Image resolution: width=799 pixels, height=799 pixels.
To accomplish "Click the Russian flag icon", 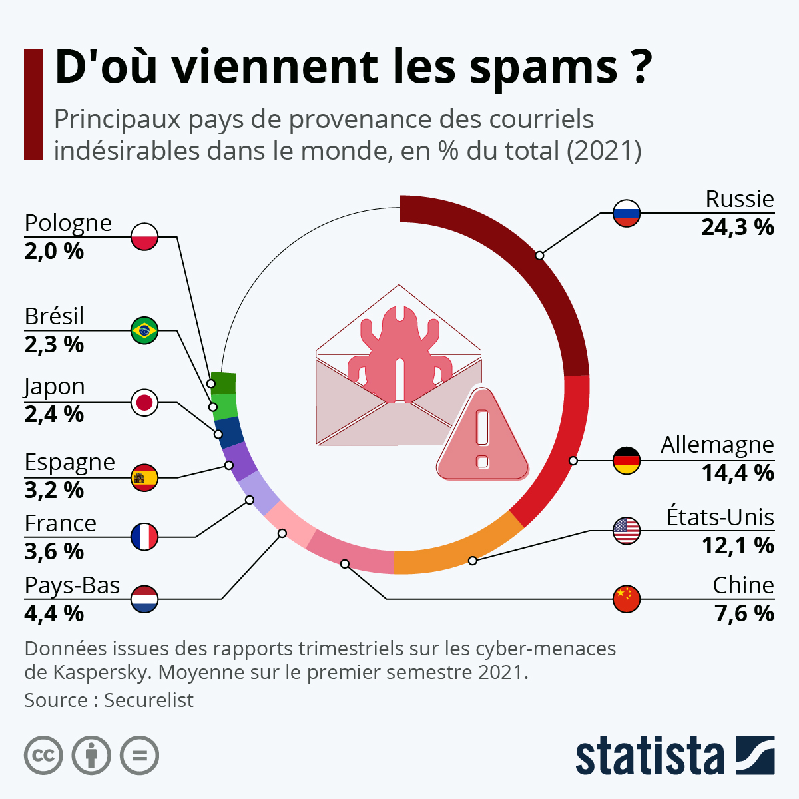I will [x=626, y=214].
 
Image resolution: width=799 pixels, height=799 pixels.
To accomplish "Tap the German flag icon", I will [x=626, y=460].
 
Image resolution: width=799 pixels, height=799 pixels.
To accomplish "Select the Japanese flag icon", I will [x=144, y=403].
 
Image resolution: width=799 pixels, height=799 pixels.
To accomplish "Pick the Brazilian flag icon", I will [x=144, y=330].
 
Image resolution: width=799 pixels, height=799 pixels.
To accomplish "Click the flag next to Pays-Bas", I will [x=144, y=599].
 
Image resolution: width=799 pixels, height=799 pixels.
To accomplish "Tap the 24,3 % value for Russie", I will [x=737, y=228].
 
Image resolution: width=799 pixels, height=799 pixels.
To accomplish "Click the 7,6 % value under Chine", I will [x=744, y=613].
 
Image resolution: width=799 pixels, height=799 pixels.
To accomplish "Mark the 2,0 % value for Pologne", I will [x=54, y=252].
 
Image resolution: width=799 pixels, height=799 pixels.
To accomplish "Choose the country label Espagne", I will [x=69, y=462].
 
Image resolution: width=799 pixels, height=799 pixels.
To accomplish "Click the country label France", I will [x=60, y=523].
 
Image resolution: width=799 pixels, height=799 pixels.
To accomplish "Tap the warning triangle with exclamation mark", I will [x=483, y=436].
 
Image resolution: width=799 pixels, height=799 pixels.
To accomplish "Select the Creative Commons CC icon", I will [x=43, y=756].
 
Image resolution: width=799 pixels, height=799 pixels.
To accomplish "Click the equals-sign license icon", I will [x=139, y=756].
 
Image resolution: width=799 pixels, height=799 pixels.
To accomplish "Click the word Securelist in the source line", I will [x=148, y=700].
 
